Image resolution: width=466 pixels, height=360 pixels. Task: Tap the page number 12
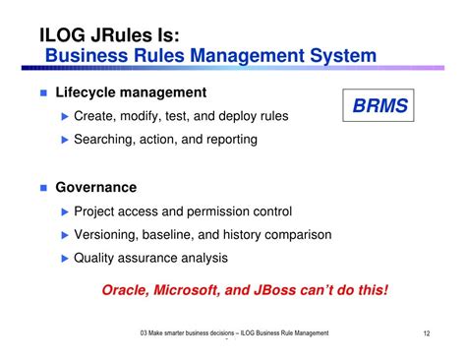click(428, 333)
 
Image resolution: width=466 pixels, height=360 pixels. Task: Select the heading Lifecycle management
click(131, 92)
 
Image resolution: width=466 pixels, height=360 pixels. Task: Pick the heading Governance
click(95, 187)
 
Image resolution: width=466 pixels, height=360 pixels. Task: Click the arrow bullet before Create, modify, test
click(66, 117)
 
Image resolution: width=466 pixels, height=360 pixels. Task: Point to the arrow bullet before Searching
click(66, 140)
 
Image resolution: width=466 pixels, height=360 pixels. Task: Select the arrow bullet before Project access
click(66, 211)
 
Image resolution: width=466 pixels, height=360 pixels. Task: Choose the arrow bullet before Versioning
click(66, 235)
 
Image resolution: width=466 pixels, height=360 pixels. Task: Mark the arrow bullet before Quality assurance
click(66, 258)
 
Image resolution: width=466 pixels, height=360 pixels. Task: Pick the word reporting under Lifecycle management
click(227, 140)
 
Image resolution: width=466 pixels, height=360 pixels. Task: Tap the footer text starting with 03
click(234, 333)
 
